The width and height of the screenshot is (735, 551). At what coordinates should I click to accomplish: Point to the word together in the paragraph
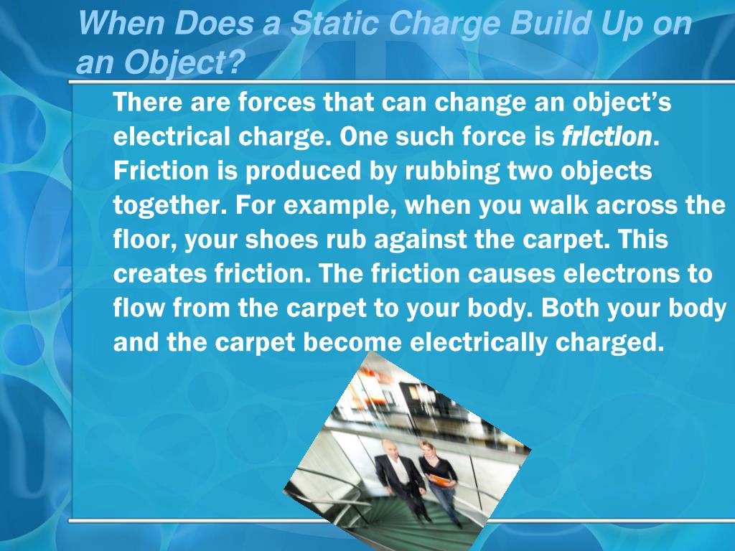[167, 205]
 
